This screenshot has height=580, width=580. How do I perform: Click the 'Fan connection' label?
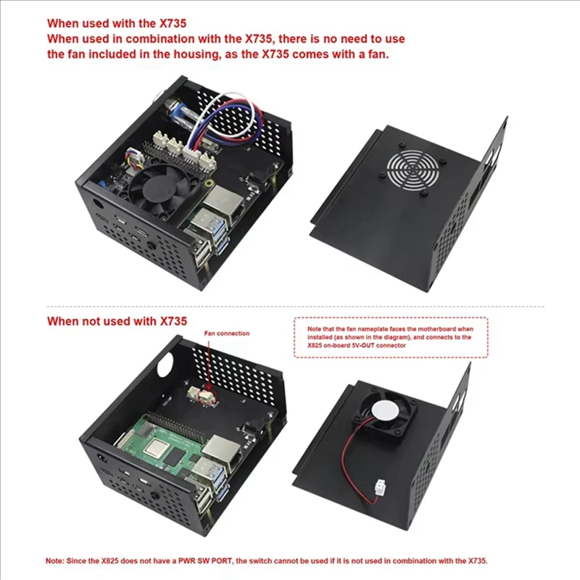click(x=226, y=333)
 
